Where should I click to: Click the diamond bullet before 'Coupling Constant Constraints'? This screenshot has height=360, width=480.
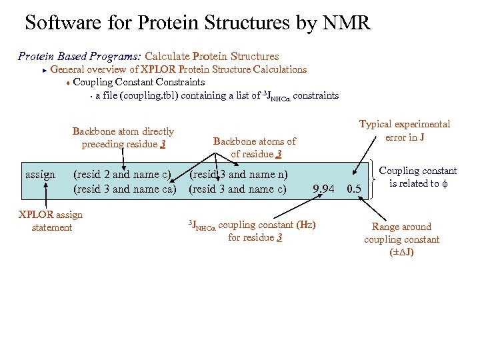(67, 83)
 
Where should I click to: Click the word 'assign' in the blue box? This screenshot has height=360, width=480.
(40, 175)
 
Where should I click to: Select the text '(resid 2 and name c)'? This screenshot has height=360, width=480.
(122, 175)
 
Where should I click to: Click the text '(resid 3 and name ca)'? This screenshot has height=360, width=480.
(125, 189)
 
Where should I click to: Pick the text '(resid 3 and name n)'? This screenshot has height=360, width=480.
(238, 175)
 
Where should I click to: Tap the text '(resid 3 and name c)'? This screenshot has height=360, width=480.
(237, 189)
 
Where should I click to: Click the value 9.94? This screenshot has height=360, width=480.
(323, 189)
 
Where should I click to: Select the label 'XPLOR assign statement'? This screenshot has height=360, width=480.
(51, 221)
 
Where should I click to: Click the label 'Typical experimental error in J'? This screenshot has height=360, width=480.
(405, 131)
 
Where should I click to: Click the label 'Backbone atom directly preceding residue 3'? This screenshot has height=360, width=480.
(123, 138)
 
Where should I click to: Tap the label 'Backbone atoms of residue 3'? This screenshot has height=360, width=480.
(254, 147)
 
